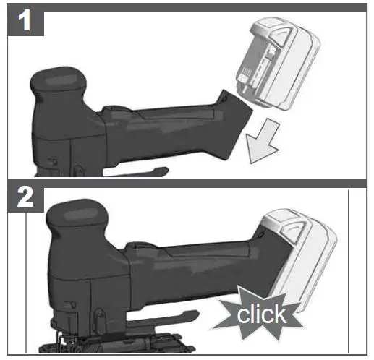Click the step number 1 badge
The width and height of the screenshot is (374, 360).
tap(25, 20)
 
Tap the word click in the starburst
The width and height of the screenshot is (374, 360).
tap(261, 314)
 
